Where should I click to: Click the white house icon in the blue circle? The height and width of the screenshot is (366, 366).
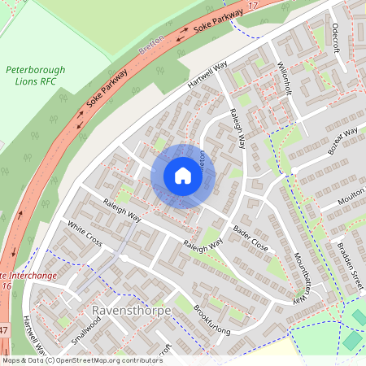(x=182, y=176)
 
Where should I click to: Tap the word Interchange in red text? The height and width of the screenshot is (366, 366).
(x=27, y=275)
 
